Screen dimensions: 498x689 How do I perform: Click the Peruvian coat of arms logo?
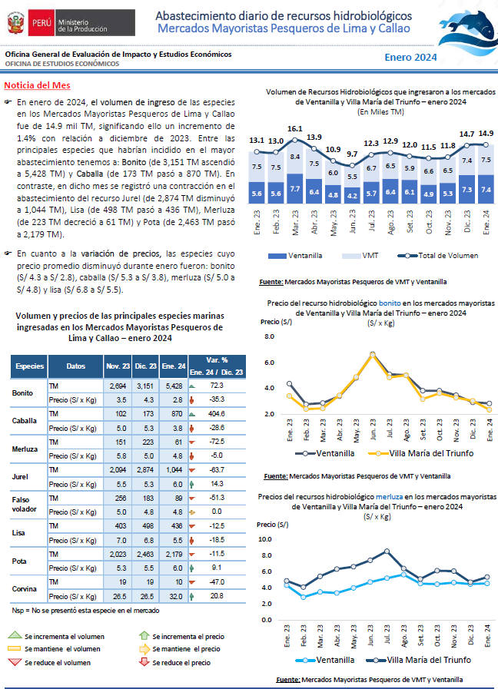pos(16,23)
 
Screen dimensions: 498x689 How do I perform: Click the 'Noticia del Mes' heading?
pos(38,85)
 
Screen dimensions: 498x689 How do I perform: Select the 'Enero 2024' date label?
pos(410,57)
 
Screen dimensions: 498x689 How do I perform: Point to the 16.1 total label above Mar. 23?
pos(295,129)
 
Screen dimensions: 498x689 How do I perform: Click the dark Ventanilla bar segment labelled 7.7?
pos(295,188)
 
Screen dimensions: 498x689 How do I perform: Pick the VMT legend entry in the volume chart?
pos(360,256)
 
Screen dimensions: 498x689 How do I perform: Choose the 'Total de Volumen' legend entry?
pos(438,256)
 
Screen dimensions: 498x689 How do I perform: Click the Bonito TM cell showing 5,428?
pos(174,386)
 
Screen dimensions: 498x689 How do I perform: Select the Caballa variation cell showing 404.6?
pos(217,414)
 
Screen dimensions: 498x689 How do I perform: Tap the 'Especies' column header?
pos(29,366)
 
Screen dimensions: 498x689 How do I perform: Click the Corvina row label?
pos(24,589)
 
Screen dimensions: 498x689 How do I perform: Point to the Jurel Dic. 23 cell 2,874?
pos(145,470)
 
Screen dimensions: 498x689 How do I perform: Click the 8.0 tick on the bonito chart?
pos(269,336)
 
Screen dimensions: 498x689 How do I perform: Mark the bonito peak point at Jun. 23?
pos(373,354)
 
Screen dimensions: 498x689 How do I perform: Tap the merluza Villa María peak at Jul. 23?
pos(387,551)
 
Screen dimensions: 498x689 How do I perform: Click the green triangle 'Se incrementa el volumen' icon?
pos(15,635)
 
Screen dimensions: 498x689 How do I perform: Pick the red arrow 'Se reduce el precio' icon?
pos(144,662)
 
